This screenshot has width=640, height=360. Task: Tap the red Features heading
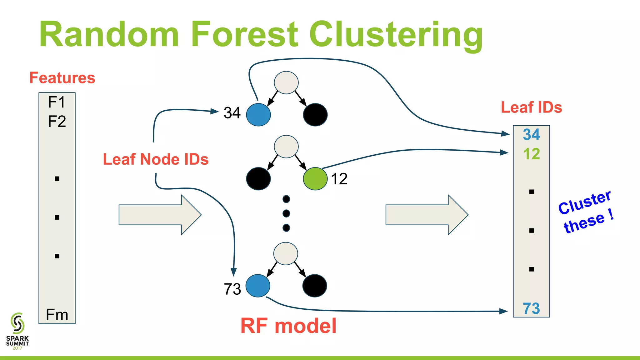click(62, 78)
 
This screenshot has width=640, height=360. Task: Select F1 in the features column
click(57, 102)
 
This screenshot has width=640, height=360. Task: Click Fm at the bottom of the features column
click(57, 315)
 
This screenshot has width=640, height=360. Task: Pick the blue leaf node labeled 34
click(258, 115)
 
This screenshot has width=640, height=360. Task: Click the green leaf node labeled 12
click(315, 179)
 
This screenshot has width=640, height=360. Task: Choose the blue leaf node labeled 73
click(258, 286)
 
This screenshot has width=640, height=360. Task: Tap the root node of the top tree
click(286, 82)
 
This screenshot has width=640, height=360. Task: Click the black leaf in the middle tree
click(258, 179)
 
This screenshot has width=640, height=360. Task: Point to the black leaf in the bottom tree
click(315, 286)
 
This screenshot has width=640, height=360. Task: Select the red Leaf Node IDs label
click(156, 159)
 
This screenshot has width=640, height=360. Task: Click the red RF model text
click(288, 326)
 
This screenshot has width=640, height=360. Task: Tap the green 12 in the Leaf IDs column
click(531, 154)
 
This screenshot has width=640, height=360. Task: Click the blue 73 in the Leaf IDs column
click(531, 308)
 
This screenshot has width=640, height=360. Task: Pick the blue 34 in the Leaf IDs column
click(531, 135)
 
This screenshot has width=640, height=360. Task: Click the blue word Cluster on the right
click(584, 202)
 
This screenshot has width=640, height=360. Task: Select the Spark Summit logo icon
click(17, 323)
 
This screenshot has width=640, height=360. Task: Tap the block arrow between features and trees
click(160, 215)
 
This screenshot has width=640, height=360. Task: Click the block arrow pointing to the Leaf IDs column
click(427, 215)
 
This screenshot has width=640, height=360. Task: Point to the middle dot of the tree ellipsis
click(286, 213)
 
